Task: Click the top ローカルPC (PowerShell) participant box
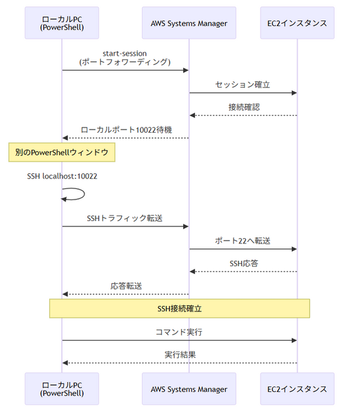(x=62, y=24)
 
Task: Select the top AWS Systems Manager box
(x=189, y=24)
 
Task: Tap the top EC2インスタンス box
(x=297, y=24)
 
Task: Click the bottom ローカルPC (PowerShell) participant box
(x=62, y=389)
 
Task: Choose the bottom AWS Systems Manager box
(x=189, y=389)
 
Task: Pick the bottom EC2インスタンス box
(x=297, y=389)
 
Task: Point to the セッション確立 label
(x=243, y=84)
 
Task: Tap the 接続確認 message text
(x=243, y=107)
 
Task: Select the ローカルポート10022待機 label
(x=126, y=130)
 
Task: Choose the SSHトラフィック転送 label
(x=125, y=217)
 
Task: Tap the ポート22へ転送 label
(x=243, y=240)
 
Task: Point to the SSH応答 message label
(x=243, y=263)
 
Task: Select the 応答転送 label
(x=126, y=286)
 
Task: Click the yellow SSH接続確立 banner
(x=179, y=308)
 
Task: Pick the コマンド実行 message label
(x=179, y=332)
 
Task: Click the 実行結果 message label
(x=179, y=355)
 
